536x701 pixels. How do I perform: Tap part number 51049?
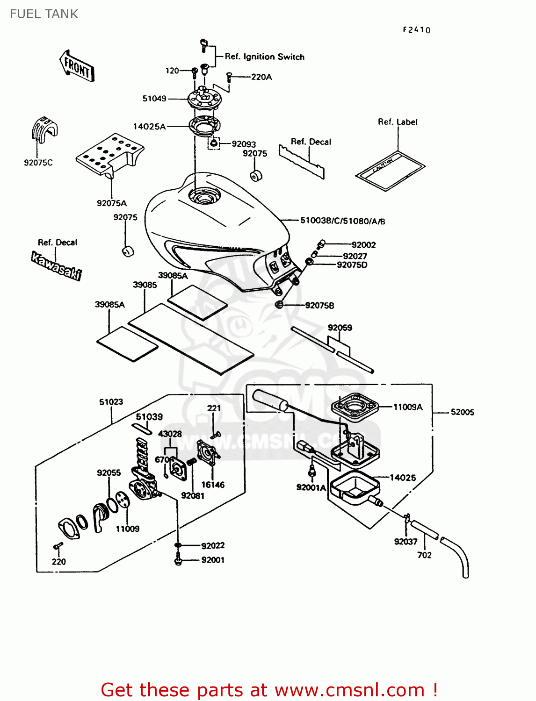tap(154, 99)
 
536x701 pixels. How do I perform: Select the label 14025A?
tap(149, 127)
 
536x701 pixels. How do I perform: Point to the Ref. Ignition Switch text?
tap(264, 57)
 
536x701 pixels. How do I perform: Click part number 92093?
tap(244, 144)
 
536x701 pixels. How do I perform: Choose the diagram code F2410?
tap(416, 30)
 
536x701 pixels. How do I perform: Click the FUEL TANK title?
tap(44, 14)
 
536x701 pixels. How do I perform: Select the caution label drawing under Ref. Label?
tap(390, 171)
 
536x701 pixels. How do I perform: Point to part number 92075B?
tap(319, 306)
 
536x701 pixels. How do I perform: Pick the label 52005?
tap(462, 412)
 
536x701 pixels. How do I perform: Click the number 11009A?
tap(407, 407)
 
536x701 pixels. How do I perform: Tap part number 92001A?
tap(311, 487)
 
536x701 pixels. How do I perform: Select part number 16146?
tap(213, 485)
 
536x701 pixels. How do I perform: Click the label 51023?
tap(111, 402)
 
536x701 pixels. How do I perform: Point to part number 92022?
tap(213, 545)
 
